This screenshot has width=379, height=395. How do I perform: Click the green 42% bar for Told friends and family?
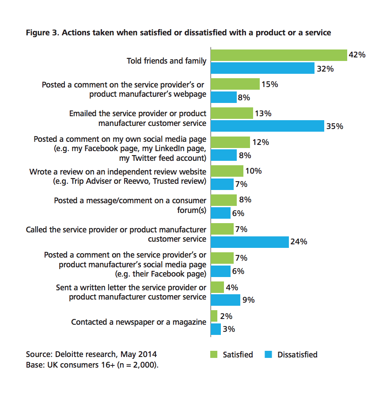pos(279,55)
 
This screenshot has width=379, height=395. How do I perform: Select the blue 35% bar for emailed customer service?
pos(267,126)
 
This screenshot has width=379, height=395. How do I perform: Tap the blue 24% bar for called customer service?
pos(250,242)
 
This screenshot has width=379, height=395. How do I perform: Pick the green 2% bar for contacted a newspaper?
pos(214,316)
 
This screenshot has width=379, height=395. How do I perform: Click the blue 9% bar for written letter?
pos(225,300)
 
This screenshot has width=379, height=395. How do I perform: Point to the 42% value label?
pos(357,55)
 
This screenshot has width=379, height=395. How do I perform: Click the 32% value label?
pos(325,69)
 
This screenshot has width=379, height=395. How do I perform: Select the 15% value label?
pos(269,84)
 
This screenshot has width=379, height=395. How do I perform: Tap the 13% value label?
pos(263,113)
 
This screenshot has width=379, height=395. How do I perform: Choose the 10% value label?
pos(253,171)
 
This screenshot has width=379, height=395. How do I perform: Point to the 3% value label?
pos(229,329)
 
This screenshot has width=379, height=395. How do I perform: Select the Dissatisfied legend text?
pos(297,354)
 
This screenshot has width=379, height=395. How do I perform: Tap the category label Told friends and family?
pos(167,61)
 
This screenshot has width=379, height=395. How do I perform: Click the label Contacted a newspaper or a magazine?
pos(139,322)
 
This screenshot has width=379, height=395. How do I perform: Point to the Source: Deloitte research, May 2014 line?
pos(91,354)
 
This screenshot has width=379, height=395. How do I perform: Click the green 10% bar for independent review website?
pos(227,171)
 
